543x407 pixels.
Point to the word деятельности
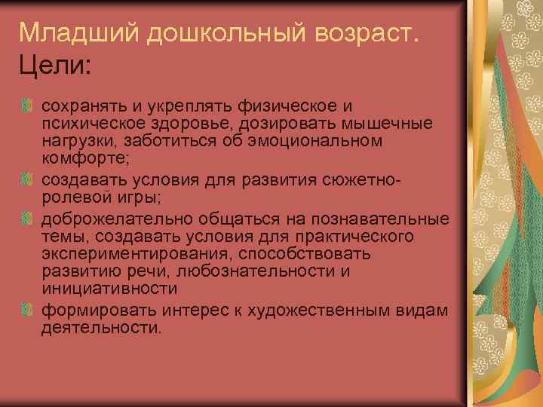click(x=101, y=328)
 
